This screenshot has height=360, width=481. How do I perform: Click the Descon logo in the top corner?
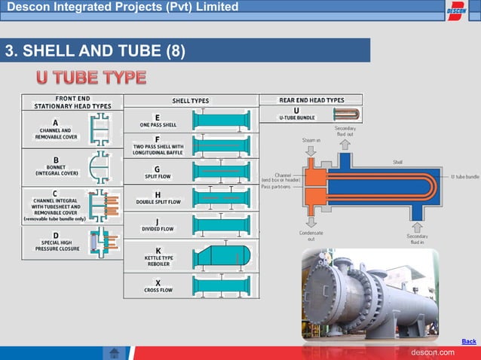(457, 11)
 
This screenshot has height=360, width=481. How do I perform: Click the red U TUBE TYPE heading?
(91, 78)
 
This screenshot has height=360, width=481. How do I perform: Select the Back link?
(468, 341)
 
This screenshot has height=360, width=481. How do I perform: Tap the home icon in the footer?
(115, 352)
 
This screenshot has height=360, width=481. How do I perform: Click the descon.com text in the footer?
(433, 352)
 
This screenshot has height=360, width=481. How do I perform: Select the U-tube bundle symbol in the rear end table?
(346, 114)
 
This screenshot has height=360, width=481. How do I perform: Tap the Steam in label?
(311, 139)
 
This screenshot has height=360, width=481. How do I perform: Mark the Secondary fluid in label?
(418, 239)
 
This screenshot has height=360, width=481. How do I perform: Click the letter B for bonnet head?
(56, 159)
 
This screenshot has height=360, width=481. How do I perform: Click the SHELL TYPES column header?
(191, 100)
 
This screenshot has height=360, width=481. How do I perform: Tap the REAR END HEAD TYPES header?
(311, 99)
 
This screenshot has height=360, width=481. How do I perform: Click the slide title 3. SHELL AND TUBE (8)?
(95, 51)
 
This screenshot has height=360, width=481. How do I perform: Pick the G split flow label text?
(157, 172)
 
